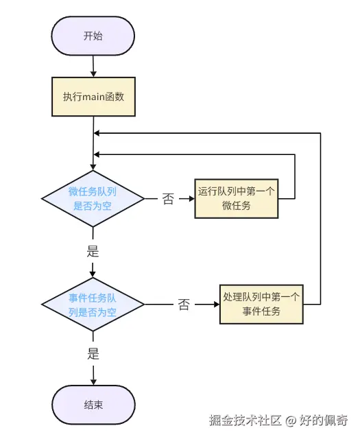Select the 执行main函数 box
[x=93, y=97]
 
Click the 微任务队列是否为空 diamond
[x=93, y=199]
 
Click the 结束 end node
[x=93, y=405]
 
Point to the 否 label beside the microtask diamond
[x=168, y=200]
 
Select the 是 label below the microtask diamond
[x=93, y=251]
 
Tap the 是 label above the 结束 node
[x=93, y=355]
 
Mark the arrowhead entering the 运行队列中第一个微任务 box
[x=191, y=199]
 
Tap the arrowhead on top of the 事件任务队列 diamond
[x=93, y=274]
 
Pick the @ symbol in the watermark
[x=291, y=420]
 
